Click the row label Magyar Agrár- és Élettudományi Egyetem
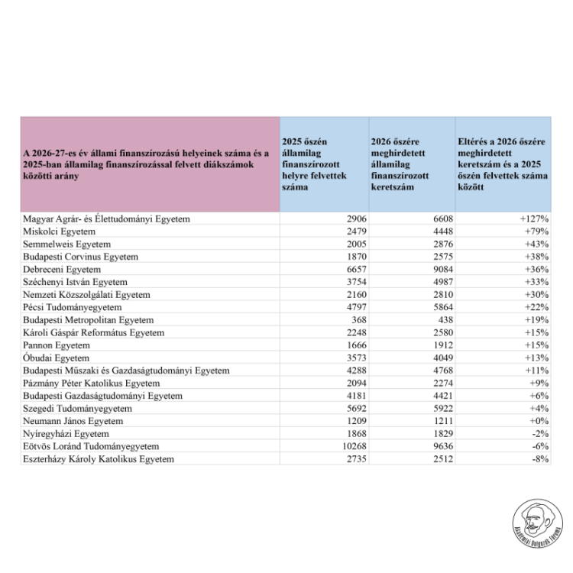(105, 219)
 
